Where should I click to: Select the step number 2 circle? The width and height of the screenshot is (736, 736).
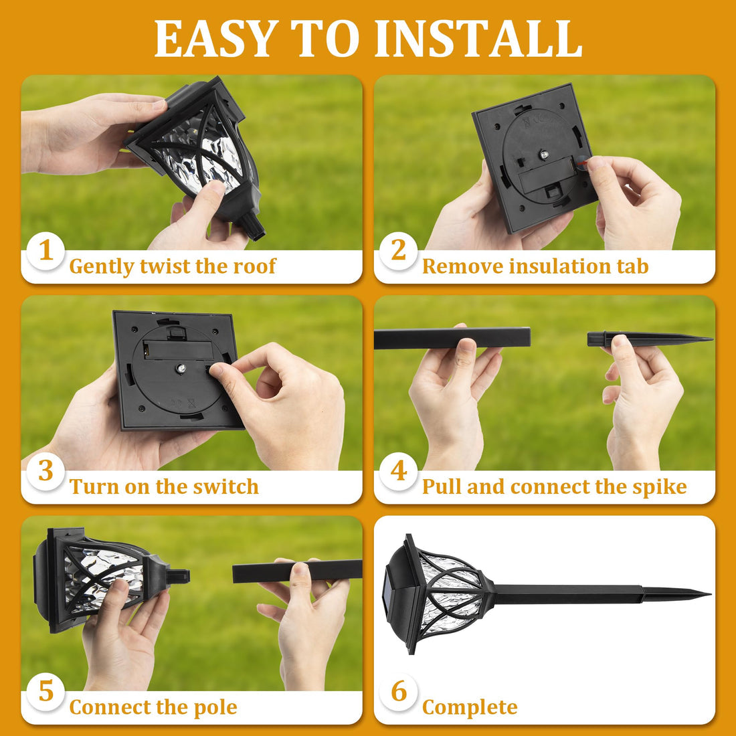[x=399, y=251]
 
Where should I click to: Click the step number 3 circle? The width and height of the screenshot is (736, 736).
[x=45, y=471]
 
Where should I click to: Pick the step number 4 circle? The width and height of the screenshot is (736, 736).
[x=399, y=471]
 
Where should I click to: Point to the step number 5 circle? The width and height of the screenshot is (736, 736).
[x=45, y=691]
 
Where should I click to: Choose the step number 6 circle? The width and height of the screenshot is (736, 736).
[x=399, y=691]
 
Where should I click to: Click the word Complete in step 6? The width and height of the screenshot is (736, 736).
[x=470, y=707]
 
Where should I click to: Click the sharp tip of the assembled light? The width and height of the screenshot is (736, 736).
[x=706, y=593]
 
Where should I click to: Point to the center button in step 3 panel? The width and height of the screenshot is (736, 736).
[x=181, y=368]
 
